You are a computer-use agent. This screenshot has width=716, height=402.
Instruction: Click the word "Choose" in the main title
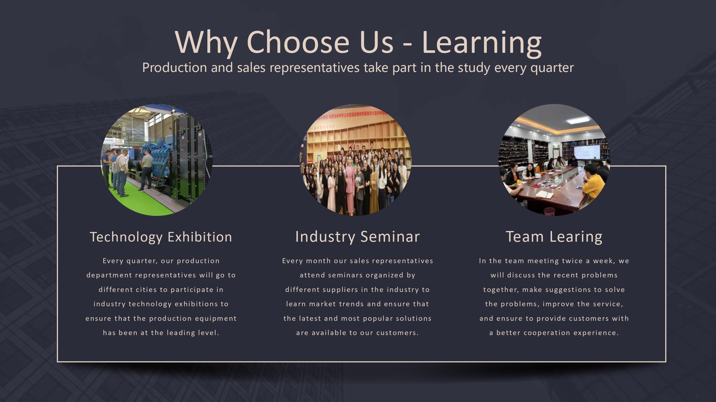pyautogui.click(x=298, y=42)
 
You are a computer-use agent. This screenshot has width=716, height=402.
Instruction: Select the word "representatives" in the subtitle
pyautogui.click(x=314, y=68)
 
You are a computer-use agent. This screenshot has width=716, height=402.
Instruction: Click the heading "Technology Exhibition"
pyautogui.click(x=161, y=237)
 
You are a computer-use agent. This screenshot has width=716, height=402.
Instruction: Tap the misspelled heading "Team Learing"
pyautogui.click(x=554, y=237)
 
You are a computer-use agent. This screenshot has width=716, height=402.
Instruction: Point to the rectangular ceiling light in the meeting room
pyautogui.click(x=578, y=120)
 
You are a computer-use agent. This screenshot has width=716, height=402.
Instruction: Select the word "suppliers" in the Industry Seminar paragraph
pyautogui.click(x=338, y=290)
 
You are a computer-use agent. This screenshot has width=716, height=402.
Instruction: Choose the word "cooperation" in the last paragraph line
pyautogui.click(x=547, y=333)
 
